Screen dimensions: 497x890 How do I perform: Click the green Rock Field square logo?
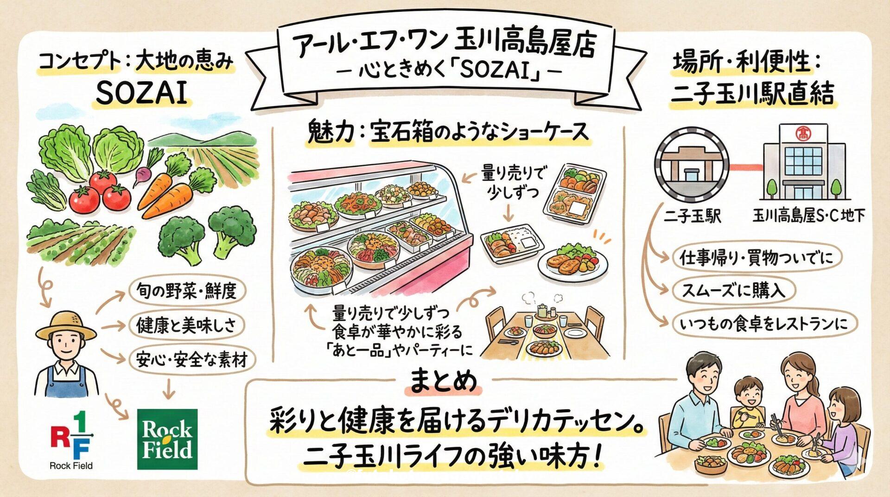pos(167,439)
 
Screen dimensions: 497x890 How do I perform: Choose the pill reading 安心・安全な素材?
pos(191,359)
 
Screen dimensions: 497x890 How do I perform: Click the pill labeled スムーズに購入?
pos(733,291)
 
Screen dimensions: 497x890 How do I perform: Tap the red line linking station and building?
pos(746,166)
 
